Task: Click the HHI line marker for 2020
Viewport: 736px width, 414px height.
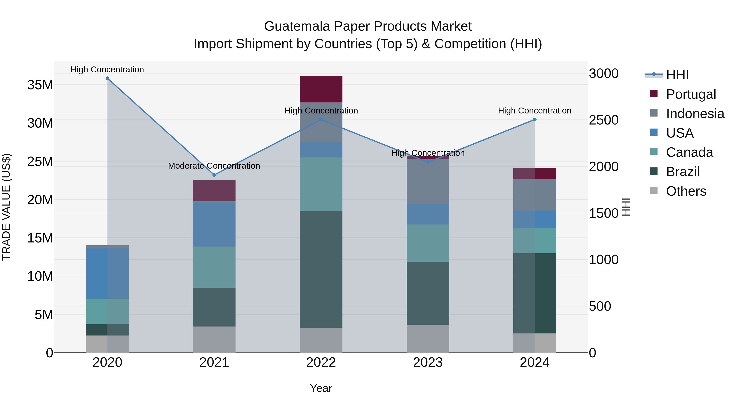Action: click(107, 78)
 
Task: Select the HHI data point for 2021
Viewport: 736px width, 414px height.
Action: click(214, 175)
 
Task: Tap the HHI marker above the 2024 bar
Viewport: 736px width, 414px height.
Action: click(535, 120)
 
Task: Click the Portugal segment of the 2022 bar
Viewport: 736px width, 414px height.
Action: click(321, 89)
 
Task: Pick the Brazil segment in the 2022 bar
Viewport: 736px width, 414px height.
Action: click(321, 269)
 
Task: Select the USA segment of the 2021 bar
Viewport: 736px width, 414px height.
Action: click(214, 224)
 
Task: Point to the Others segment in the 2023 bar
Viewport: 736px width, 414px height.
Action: click(428, 339)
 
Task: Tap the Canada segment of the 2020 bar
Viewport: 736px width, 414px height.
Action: click(107, 311)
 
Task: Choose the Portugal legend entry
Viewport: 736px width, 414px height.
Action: click(691, 94)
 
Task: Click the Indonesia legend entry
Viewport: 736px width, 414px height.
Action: click(695, 114)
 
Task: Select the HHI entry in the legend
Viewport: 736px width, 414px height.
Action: click(677, 75)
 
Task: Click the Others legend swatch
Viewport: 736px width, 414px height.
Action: click(654, 191)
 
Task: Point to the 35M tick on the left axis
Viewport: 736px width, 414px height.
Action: click(40, 85)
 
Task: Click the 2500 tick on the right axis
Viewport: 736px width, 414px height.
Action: click(604, 120)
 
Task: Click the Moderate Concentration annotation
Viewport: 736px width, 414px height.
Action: click(214, 166)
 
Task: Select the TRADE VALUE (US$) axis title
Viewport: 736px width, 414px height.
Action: click(7, 207)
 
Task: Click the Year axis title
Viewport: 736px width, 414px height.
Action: click(321, 388)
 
